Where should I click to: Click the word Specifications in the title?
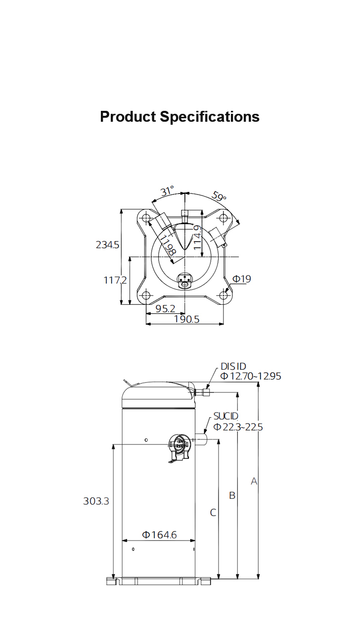click(x=210, y=117)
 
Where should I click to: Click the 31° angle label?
click(x=167, y=191)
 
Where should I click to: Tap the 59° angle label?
click(x=219, y=196)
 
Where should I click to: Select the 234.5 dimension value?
click(x=107, y=245)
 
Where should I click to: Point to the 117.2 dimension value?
click(x=115, y=280)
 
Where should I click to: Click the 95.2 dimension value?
click(x=165, y=308)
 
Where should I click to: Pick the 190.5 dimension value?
click(x=186, y=319)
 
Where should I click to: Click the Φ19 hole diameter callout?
click(x=242, y=279)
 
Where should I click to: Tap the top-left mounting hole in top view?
click(x=146, y=218)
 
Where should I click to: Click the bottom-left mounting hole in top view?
click(x=146, y=295)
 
